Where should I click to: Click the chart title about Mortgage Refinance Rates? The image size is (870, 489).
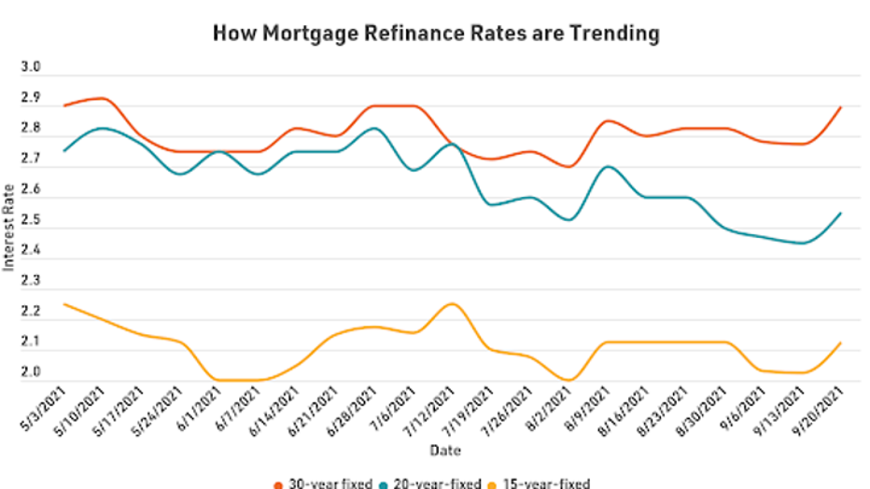tap(436, 34)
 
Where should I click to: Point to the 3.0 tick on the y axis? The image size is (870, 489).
tap(30, 68)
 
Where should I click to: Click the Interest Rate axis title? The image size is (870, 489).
tap(9, 224)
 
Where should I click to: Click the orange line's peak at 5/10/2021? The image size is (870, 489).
tap(103, 98)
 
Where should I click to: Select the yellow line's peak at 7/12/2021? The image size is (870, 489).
tap(452, 303)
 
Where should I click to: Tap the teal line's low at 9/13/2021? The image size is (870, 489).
tap(803, 243)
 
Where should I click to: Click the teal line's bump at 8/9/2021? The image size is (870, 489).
tap(608, 166)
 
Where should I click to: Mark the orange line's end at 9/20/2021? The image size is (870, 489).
tap(841, 106)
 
